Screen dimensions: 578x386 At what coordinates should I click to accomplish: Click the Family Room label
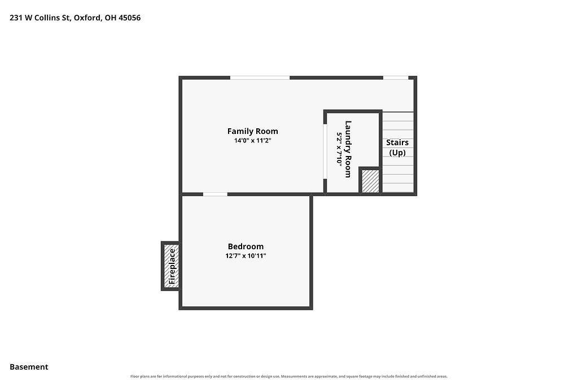point(252,131)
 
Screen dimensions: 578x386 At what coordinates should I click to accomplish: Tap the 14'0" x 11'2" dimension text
point(252,140)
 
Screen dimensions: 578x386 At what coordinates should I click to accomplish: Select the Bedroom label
point(246,246)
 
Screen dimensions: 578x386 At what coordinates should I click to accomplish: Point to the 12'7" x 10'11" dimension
point(246,255)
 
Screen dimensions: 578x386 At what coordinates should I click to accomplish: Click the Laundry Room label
point(348,149)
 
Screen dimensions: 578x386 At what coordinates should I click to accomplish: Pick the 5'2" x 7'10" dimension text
point(339,149)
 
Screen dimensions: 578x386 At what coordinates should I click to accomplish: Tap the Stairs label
point(397,142)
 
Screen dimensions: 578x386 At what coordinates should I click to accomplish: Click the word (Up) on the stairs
point(397,153)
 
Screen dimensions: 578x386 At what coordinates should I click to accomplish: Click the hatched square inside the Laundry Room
point(370,180)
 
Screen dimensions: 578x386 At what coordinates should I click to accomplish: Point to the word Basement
point(29,367)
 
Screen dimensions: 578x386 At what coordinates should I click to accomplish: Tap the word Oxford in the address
point(87,18)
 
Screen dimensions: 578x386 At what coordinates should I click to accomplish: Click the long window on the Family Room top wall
point(260,77)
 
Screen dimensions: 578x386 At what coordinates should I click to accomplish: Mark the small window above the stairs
point(396,77)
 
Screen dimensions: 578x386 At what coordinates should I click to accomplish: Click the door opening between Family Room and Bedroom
point(215,194)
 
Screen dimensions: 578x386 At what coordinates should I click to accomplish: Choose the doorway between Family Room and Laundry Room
point(325,151)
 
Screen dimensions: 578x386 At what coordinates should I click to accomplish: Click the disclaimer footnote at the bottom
point(289,376)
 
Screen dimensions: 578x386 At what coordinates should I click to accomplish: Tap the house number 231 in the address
point(16,18)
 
